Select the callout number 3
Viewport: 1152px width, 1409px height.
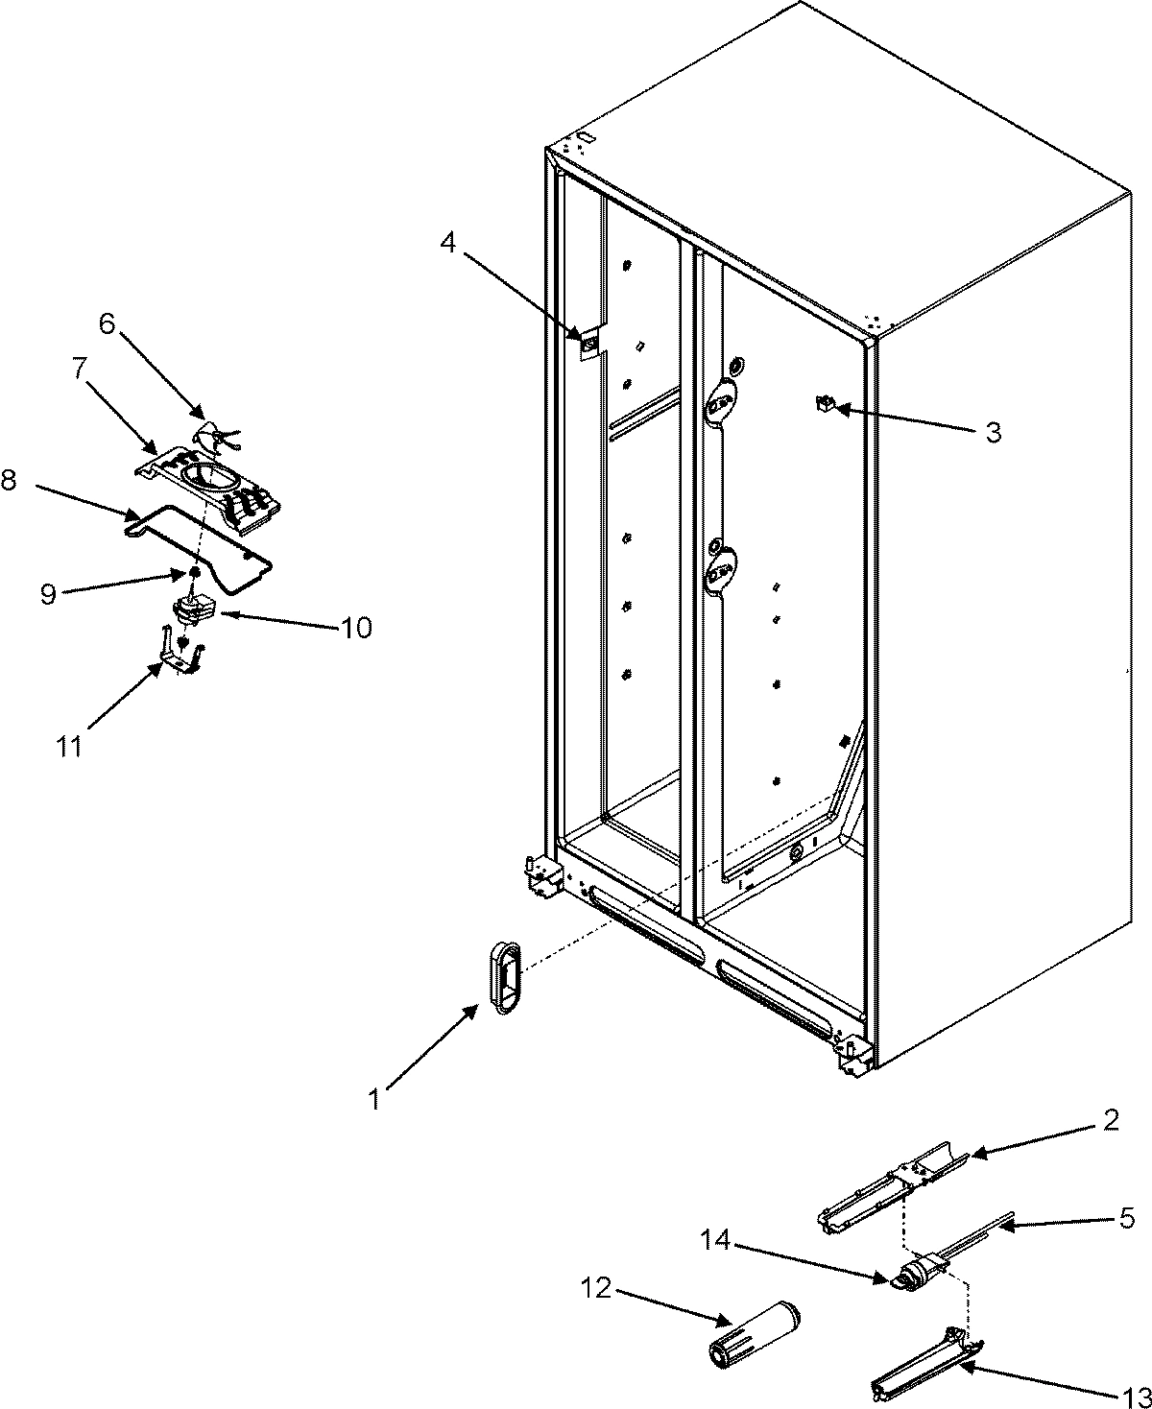(x=993, y=433)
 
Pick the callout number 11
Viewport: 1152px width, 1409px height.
(x=68, y=747)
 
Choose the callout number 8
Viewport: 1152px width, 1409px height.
(x=9, y=481)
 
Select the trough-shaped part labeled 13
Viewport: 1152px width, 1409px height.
(x=919, y=1351)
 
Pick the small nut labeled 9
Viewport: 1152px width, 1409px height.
(x=193, y=573)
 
